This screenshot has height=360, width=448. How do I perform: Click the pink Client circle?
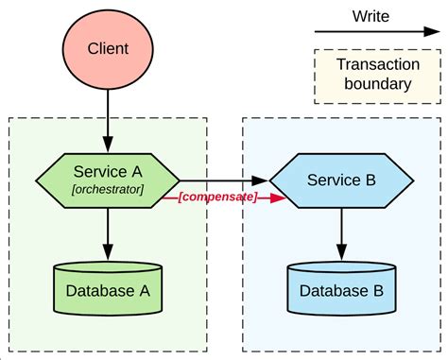(108, 47)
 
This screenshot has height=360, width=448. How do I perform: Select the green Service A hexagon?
(108, 180)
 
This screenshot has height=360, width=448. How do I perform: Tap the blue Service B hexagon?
(340, 180)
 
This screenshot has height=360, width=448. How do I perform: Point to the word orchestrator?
(108, 190)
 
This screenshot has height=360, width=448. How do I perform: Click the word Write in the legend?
(370, 16)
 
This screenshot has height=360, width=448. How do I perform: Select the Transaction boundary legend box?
(373, 76)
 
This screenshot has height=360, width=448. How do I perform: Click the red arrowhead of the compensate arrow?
(277, 198)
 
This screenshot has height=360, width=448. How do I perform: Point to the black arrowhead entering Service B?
(262, 180)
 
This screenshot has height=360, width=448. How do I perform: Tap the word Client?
(108, 47)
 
